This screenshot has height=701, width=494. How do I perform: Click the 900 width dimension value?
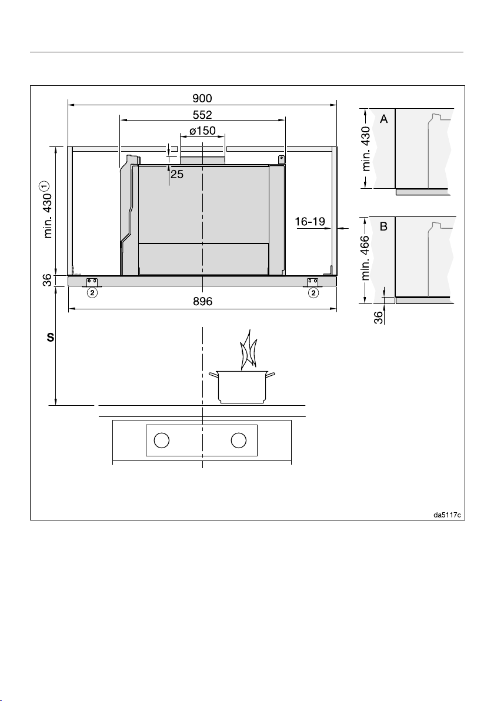[x=202, y=98]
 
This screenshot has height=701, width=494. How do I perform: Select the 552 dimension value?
[x=202, y=115]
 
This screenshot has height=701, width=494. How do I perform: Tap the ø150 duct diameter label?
[x=202, y=131]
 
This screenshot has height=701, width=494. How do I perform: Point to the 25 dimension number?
[x=177, y=174]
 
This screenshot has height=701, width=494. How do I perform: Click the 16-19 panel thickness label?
[x=310, y=221]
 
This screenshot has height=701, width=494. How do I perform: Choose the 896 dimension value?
[x=202, y=301]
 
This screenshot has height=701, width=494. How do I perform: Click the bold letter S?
[x=51, y=338]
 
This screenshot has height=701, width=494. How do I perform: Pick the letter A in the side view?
[x=383, y=119]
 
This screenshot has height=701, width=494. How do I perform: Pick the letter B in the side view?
[x=383, y=226]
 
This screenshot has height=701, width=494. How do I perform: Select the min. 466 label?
[x=365, y=258]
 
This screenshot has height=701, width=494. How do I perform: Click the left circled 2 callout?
[x=92, y=293]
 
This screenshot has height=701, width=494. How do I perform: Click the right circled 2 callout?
[x=314, y=293]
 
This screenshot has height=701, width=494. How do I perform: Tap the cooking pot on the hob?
[x=242, y=387]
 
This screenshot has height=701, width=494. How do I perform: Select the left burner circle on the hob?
[x=161, y=440]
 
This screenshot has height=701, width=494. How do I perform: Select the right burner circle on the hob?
[x=239, y=440]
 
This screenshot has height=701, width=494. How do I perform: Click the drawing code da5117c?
[x=447, y=515]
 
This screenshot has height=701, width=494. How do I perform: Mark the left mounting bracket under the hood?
[x=92, y=282]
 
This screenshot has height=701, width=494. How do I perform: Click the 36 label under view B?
[x=378, y=318]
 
